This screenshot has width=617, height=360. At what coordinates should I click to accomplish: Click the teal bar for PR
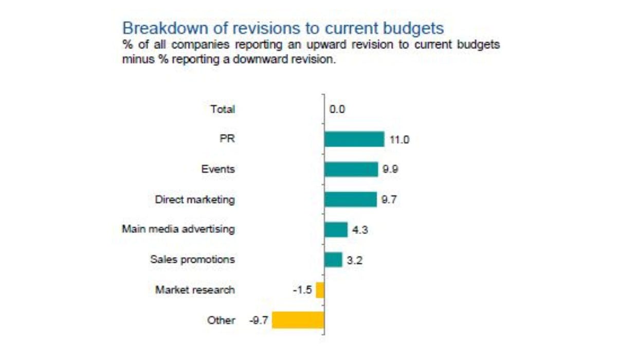(354, 139)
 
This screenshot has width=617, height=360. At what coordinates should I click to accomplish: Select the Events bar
(351, 169)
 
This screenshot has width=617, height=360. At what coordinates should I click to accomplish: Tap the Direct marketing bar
(351, 199)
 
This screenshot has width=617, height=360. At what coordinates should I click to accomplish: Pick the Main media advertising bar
(336, 229)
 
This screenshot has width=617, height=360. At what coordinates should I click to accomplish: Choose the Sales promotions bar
(333, 259)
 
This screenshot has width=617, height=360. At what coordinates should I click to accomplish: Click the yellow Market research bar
(320, 290)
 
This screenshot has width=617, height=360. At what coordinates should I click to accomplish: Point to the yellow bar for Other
(298, 320)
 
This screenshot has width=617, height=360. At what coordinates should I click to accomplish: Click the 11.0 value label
(400, 139)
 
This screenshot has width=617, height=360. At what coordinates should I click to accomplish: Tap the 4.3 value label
(360, 230)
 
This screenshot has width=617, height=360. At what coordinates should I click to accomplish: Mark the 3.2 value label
(355, 260)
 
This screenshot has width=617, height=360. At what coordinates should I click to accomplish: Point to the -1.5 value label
(302, 290)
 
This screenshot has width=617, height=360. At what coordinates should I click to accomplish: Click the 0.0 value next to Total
(337, 109)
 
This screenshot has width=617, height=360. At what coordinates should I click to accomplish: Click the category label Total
(223, 109)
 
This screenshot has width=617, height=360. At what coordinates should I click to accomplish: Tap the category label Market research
(195, 290)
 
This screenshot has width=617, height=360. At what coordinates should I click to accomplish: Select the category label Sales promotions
(192, 260)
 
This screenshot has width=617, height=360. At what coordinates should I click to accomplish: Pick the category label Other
(221, 320)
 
